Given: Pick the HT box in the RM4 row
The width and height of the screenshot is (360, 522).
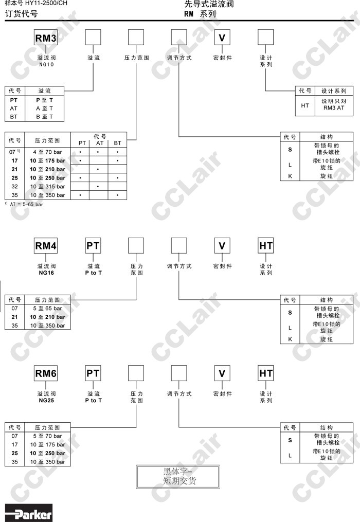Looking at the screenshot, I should (266, 246).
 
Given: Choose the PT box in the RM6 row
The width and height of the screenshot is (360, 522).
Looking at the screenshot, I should (93, 373).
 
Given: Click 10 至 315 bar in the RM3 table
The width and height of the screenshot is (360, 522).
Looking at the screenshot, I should (47, 186).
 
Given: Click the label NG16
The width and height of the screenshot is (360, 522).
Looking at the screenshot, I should (46, 272).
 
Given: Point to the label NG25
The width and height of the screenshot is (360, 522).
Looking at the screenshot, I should (46, 400).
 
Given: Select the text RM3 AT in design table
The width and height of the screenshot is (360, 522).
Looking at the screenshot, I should (334, 108).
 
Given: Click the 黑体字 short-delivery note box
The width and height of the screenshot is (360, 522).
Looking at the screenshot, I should (177, 477).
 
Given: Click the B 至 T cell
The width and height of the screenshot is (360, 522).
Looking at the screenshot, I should (44, 117).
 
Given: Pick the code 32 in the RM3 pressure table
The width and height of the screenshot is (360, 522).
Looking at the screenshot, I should (14, 186).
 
